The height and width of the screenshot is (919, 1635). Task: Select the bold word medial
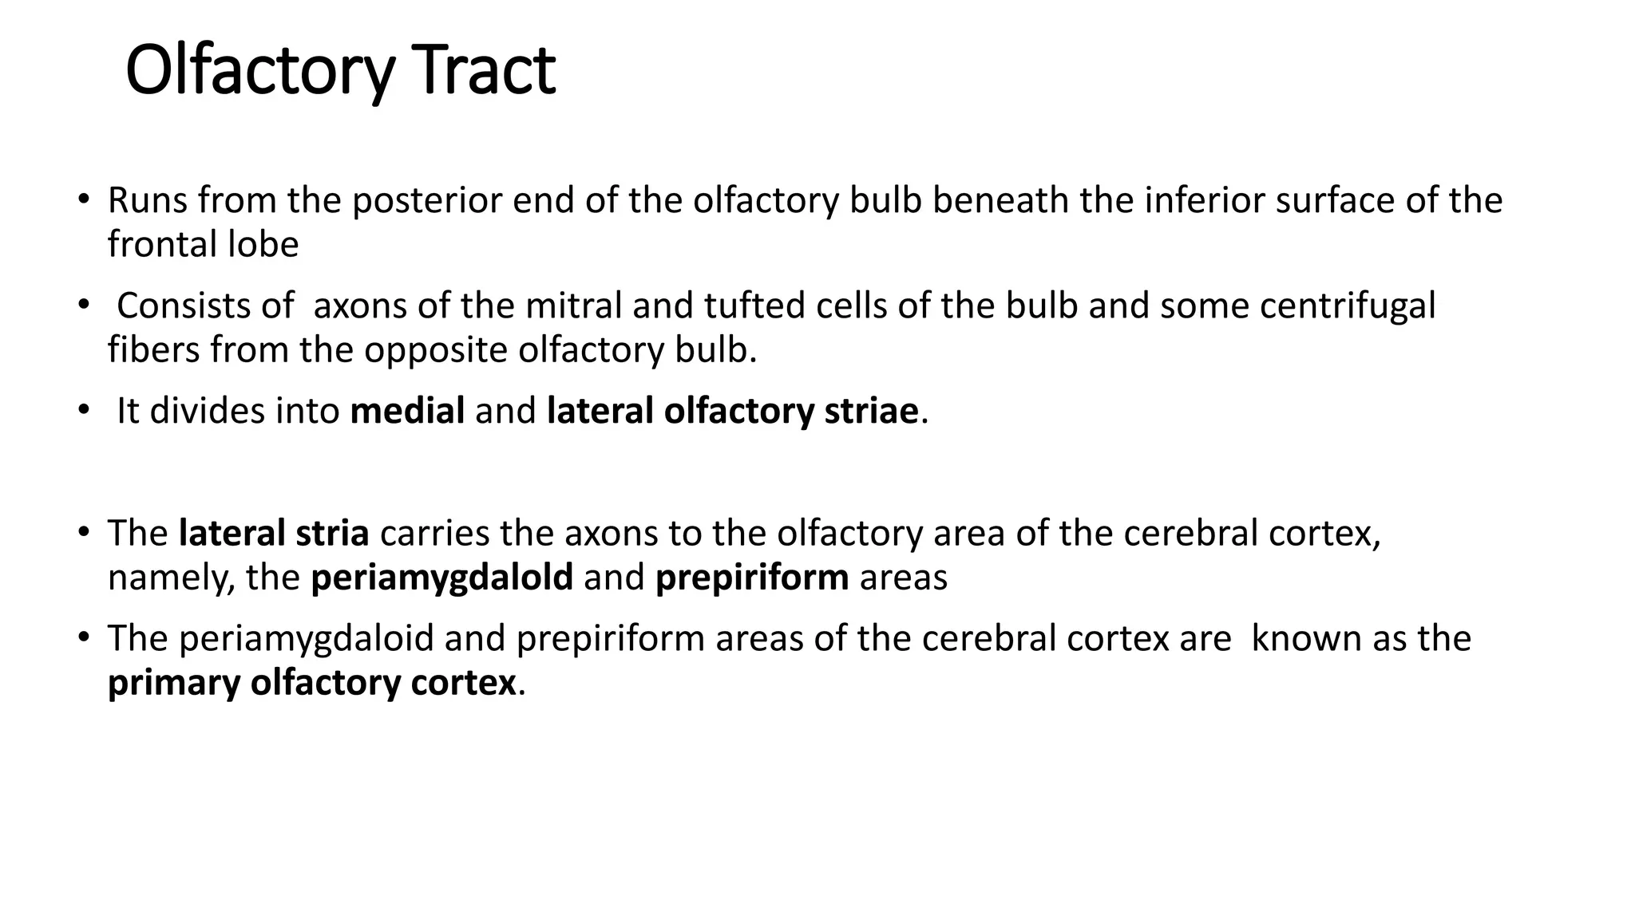point(407,411)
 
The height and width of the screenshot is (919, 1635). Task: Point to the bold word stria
point(332,533)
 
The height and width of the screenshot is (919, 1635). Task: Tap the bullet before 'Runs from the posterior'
point(82,199)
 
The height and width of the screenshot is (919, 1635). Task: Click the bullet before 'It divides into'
point(82,411)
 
